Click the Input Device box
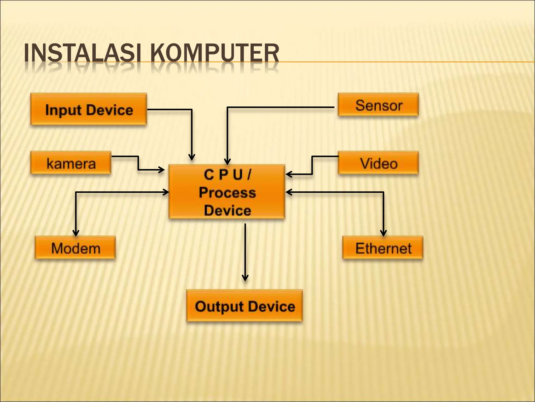(x=89, y=109)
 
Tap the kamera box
(x=71, y=163)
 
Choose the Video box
(x=378, y=163)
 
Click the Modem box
(x=75, y=248)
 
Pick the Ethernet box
(x=383, y=248)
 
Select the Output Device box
(x=245, y=306)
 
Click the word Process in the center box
(x=227, y=193)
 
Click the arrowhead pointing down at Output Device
(x=245, y=278)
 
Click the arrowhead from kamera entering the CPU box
(x=161, y=170)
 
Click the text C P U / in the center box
(x=227, y=175)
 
